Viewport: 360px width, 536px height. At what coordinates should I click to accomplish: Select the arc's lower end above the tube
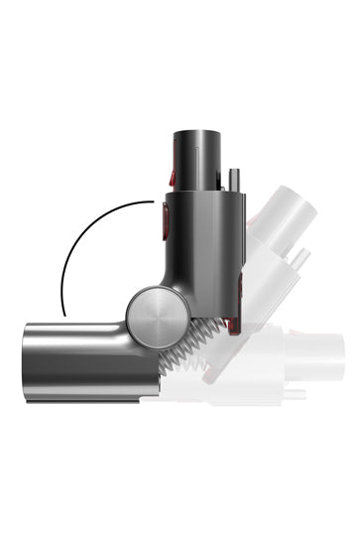(61, 314)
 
